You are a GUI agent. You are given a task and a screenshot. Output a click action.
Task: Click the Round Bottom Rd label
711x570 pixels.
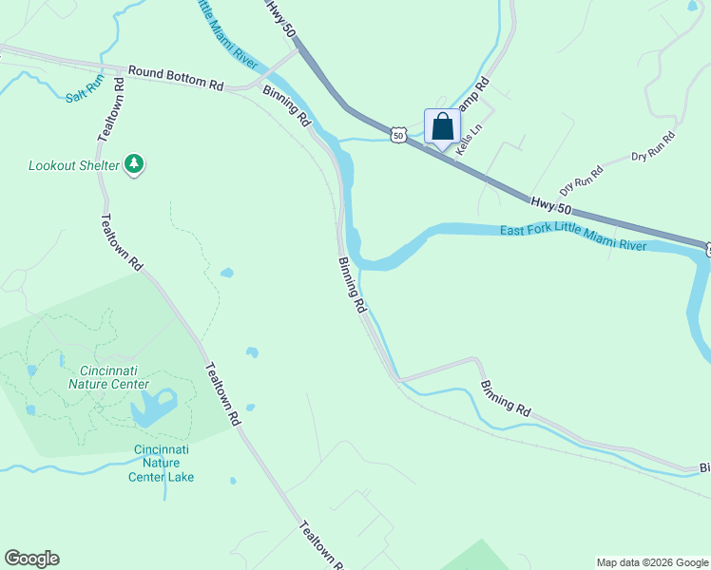176,78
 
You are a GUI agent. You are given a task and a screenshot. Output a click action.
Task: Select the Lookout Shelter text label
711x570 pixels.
74,165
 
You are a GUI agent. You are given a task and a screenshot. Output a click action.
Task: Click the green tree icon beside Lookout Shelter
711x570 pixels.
135,164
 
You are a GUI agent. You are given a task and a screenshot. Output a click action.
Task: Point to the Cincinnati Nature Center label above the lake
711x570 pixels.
114,377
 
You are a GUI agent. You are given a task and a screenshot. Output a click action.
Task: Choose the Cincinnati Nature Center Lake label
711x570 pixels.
161,463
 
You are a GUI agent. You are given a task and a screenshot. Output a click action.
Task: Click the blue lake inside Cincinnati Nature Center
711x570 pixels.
153,408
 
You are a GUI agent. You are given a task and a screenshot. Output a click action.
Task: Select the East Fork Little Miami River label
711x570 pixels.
574,237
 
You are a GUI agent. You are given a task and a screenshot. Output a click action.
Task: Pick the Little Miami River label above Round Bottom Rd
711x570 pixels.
228,34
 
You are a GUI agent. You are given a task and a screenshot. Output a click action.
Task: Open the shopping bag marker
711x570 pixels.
442,127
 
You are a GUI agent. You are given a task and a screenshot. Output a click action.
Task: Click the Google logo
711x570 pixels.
31,559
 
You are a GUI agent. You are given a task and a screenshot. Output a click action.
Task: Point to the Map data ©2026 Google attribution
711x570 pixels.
653,562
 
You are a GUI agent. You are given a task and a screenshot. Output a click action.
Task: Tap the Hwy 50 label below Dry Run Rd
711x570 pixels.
551,203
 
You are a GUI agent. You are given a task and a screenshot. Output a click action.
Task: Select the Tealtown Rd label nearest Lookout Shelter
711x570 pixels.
121,241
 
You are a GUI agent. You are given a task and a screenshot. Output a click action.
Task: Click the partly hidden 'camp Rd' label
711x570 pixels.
473,95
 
